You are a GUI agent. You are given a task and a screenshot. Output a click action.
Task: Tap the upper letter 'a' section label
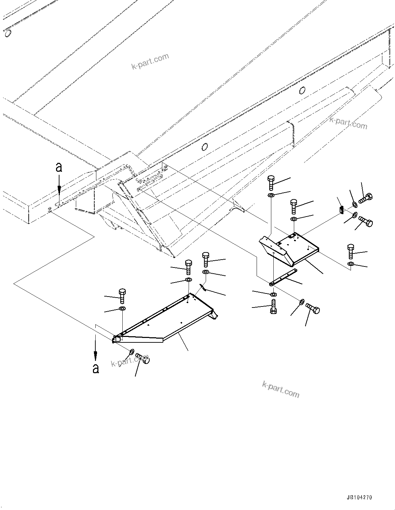point(59,167)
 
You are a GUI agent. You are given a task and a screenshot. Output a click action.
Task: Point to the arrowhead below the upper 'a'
point(59,190)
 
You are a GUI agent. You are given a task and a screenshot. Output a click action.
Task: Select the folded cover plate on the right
point(289,248)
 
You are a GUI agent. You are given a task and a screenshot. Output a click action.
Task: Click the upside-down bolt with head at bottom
point(273,307)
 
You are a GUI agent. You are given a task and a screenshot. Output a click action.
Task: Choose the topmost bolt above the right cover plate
point(271,183)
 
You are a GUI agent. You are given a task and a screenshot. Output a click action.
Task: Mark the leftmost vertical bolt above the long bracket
point(122,296)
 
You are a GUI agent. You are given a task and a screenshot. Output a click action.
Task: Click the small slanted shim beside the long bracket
point(203,288)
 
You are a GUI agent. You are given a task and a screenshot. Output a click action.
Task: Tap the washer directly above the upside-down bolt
point(273,294)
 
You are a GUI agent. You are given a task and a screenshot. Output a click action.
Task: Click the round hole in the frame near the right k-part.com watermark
point(302,90)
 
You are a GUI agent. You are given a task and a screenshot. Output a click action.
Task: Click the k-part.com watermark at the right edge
point(348,123)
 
